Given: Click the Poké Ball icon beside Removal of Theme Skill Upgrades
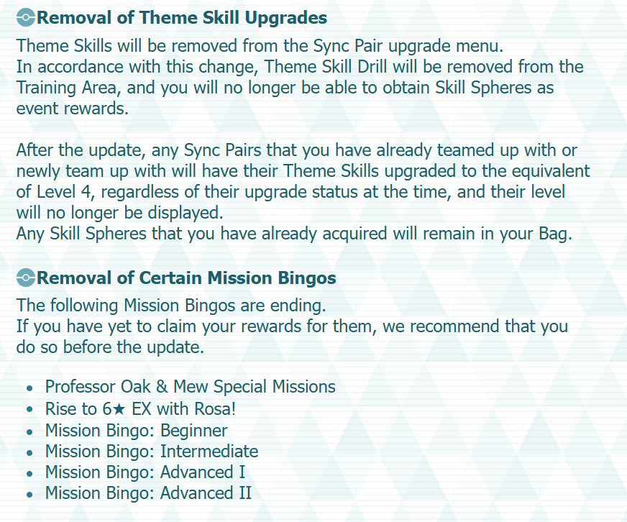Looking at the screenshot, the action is [26, 18].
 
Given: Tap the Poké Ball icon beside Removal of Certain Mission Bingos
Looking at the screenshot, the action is [26, 278].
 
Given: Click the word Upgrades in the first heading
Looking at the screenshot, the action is [286, 18].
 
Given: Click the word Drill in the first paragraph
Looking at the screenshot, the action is [372, 67].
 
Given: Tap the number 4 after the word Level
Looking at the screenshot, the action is [86, 192].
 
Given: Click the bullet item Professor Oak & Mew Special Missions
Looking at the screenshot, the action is [190, 387].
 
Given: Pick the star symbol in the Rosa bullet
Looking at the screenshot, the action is [119, 409].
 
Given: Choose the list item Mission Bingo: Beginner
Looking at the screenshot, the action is [136, 431].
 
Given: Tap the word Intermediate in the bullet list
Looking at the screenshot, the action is [209, 452].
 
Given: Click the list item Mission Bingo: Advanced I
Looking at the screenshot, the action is [145, 472].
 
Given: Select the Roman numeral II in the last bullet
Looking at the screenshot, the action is [245, 493].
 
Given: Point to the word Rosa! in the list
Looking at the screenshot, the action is [215, 409].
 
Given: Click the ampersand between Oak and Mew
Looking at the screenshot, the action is [162, 387].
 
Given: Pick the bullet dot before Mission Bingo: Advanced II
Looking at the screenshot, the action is [29, 495].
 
